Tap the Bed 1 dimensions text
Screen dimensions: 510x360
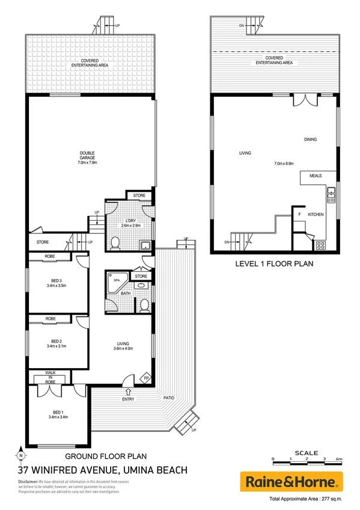click(x=58, y=416)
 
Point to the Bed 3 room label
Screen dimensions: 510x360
click(x=58, y=281)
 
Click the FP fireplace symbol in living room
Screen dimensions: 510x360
click(x=145, y=378)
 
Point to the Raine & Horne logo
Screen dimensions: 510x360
click(x=291, y=482)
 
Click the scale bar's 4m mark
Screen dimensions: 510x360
click(x=338, y=459)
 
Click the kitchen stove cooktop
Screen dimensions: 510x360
click(x=320, y=245)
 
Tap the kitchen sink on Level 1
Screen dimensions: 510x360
click(x=330, y=193)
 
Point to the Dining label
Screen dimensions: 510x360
click(x=310, y=140)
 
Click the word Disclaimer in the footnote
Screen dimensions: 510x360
click(x=28, y=482)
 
